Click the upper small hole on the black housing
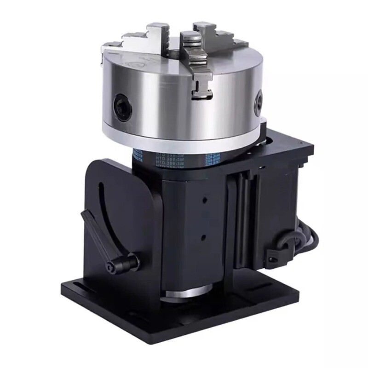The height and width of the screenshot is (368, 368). click(x=203, y=201)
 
